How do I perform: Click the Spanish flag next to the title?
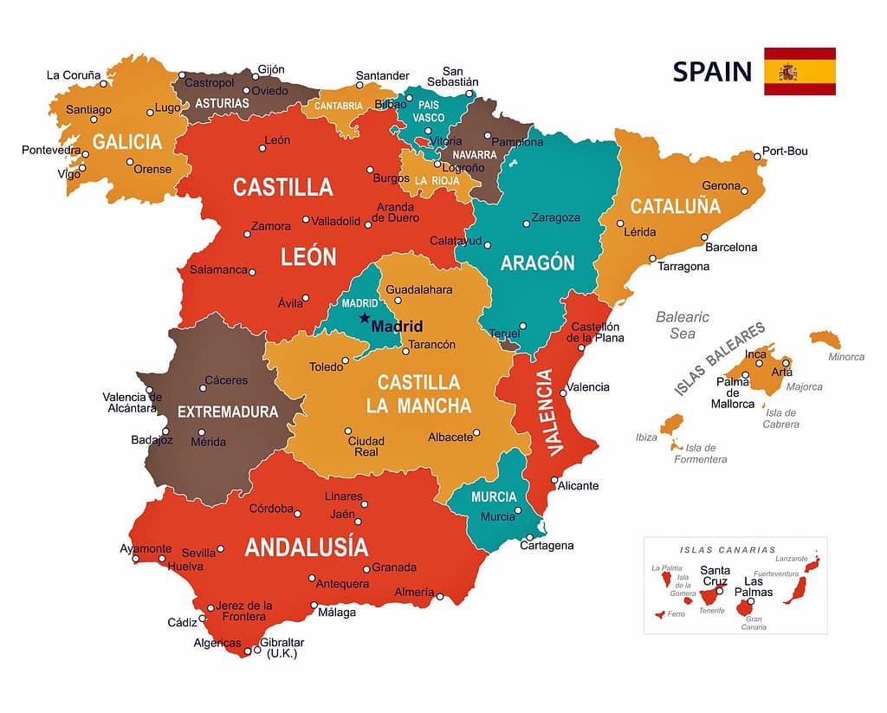pos(799,71)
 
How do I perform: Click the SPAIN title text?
pos(712,72)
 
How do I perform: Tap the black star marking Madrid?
pos(365,318)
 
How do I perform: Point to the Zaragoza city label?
pos(555,217)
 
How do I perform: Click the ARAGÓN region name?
pos(537,263)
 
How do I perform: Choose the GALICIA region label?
pos(127,141)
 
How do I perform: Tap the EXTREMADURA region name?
pos(228,412)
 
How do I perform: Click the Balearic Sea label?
pos(682,325)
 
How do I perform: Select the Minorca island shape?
pos(825,339)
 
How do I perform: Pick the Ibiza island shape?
pos(671,425)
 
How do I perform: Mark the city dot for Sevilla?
pos(221,548)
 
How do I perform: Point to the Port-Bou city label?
pos(785,151)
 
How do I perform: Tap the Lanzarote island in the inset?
pos(812,564)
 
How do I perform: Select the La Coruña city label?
pos(74,75)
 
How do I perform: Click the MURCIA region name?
pos(494,497)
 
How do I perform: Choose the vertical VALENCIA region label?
pos(546,411)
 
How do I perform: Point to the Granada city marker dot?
pos(366,569)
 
